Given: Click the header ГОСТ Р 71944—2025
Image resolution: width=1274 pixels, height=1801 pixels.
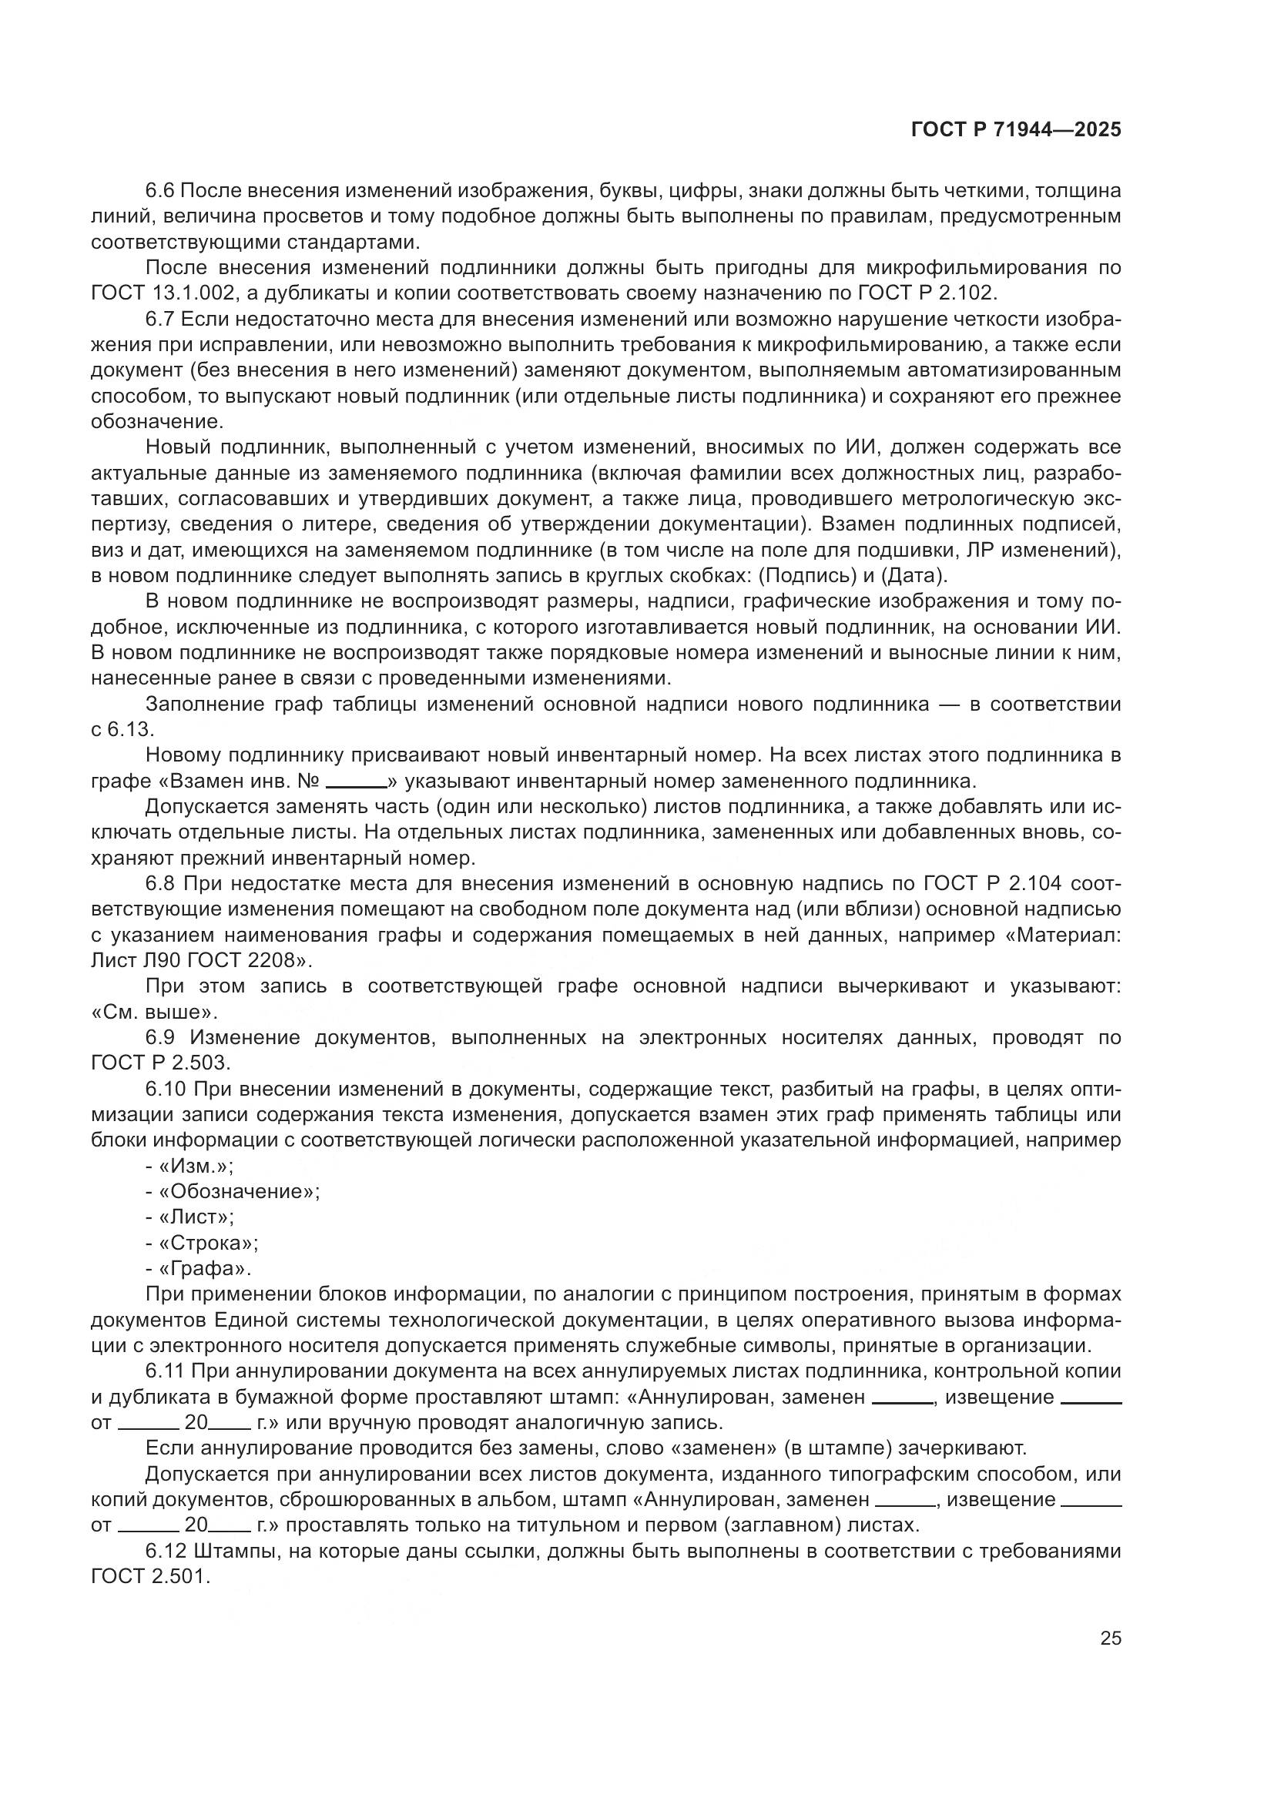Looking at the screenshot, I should pyautogui.click(x=1016, y=130).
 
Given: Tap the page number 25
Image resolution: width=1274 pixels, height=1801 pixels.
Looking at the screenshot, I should pyautogui.click(x=1110, y=1638).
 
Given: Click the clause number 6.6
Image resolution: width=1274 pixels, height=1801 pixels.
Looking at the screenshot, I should pyautogui.click(x=162, y=191).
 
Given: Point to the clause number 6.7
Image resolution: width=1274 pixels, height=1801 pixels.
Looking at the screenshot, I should pyautogui.click(x=162, y=320).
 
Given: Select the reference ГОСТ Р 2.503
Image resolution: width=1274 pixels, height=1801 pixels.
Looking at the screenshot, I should pyautogui.click(x=161, y=1063).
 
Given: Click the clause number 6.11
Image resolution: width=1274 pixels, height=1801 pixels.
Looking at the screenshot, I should pyautogui.click(x=166, y=1372).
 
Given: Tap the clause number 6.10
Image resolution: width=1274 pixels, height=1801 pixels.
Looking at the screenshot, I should pyautogui.click(x=166, y=1090).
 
